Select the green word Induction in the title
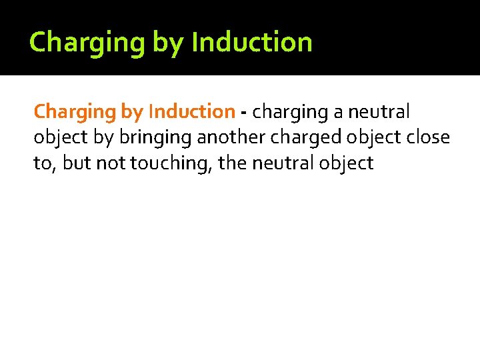[251, 43]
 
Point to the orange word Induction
[192, 111]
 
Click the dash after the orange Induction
[244, 113]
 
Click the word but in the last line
[76, 163]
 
